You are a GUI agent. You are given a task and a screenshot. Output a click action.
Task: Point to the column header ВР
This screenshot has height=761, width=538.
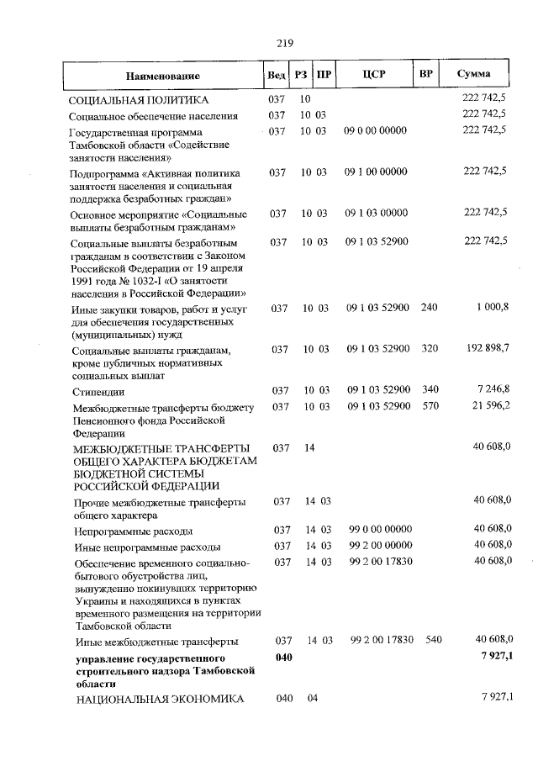coord(426,75)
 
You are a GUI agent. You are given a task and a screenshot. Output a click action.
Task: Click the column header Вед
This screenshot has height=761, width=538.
coord(276,76)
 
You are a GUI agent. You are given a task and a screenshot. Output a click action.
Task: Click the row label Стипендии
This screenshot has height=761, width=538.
coord(99,392)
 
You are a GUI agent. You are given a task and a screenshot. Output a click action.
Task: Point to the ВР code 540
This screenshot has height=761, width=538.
coord(433,640)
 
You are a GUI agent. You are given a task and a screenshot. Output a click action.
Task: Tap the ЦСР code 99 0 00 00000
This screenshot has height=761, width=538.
coord(380,530)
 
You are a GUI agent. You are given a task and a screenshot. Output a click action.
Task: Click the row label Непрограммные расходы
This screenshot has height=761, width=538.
coord(133,531)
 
